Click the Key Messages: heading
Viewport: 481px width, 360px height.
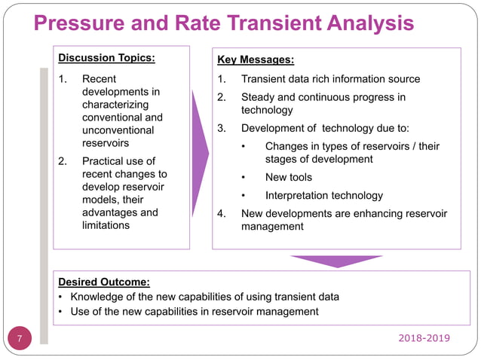[x=256, y=59]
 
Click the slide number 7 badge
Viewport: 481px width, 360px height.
[x=20, y=339]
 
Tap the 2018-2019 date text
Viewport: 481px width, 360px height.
[x=424, y=338]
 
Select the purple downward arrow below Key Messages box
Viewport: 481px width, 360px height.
[x=335, y=261]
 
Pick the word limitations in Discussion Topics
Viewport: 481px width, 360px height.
[x=106, y=225]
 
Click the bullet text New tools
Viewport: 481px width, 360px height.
[x=288, y=177]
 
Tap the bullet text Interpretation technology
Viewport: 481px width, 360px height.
[x=324, y=195]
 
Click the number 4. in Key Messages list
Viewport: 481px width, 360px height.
[x=222, y=213]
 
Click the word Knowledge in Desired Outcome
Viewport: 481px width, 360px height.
[x=96, y=296]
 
